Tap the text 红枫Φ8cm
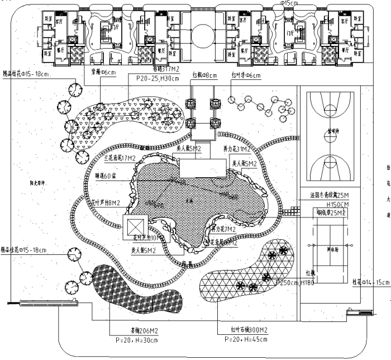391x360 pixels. click(204, 74)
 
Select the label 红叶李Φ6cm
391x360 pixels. click(246, 74)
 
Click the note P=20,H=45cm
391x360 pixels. click(246, 339)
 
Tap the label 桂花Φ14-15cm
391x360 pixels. click(370, 283)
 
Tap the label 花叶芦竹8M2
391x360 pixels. click(106, 203)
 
